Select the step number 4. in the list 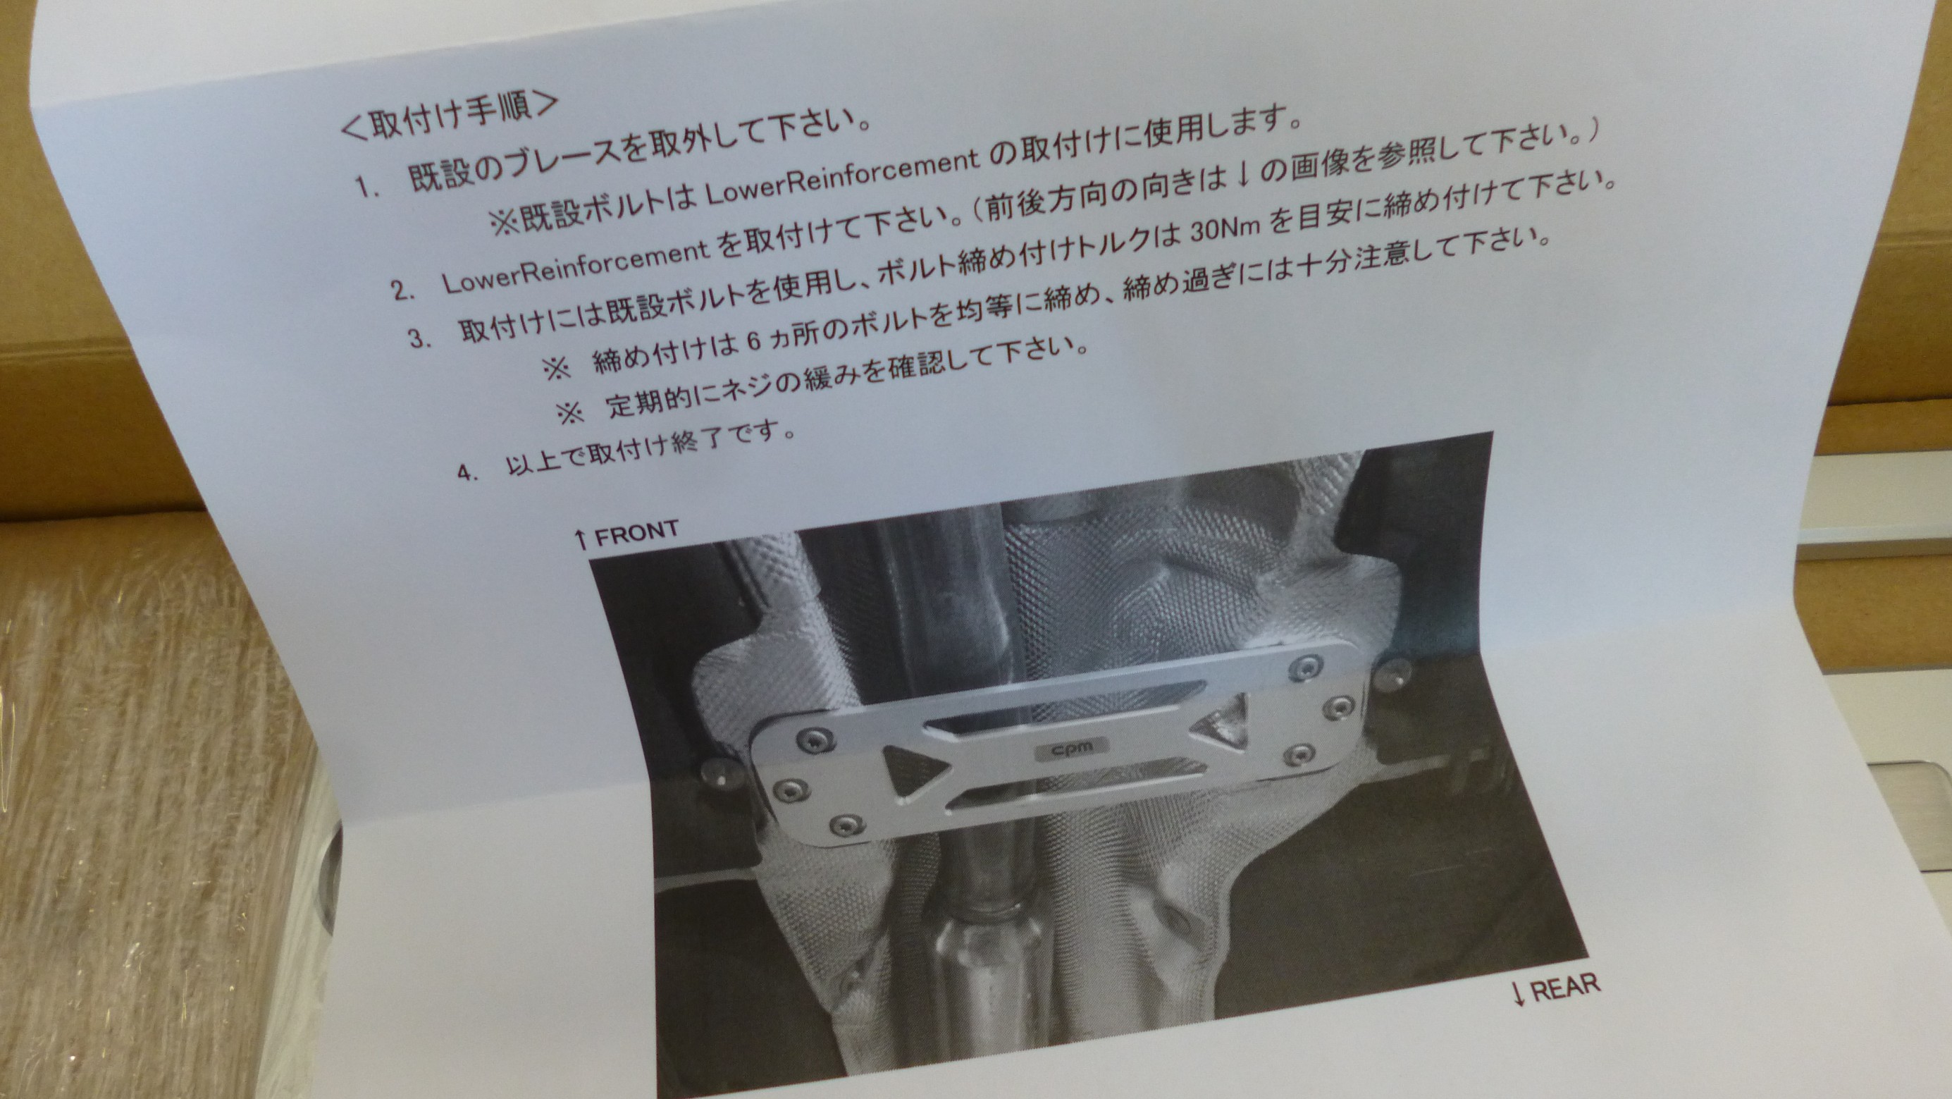[x=467, y=473]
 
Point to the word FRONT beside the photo [x=636, y=533]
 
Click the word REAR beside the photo [x=1566, y=988]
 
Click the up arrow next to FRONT [x=581, y=539]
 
